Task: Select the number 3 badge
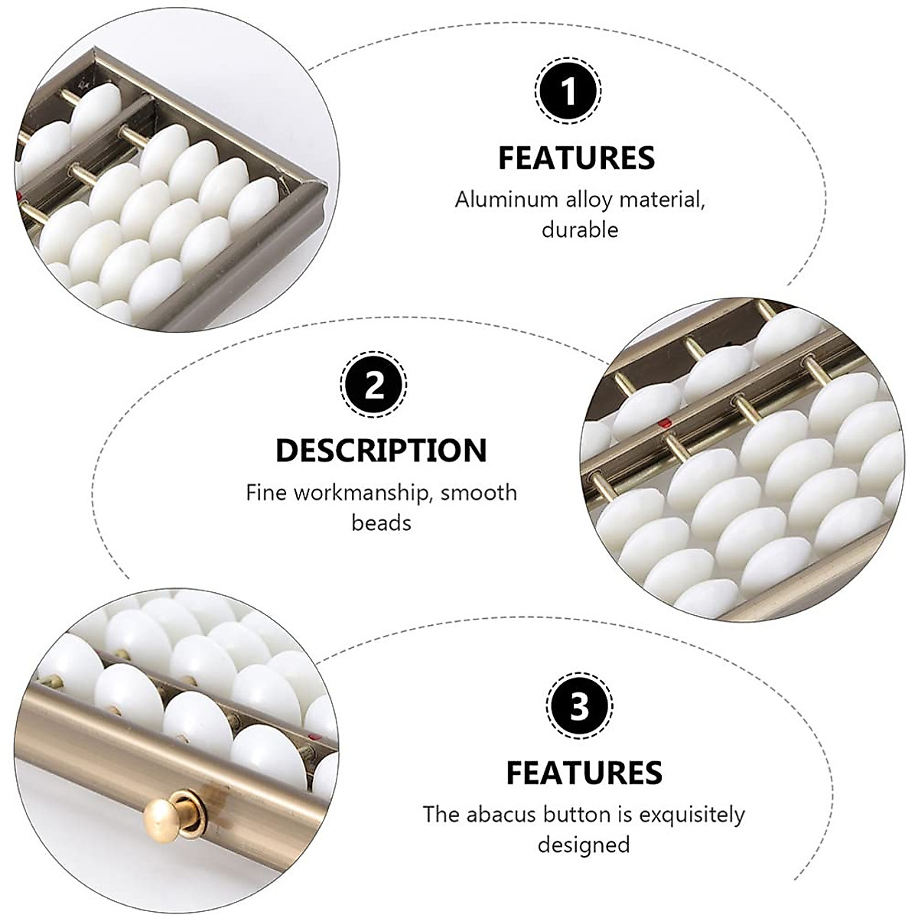(x=581, y=707)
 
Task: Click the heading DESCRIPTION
(x=381, y=451)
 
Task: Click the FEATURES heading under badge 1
(x=577, y=158)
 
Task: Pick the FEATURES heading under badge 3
(x=584, y=773)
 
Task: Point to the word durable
(x=580, y=229)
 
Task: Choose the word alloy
(x=592, y=200)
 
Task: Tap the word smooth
(x=479, y=493)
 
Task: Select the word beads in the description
(x=381, y=522)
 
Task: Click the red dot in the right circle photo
(x=668, y=420)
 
